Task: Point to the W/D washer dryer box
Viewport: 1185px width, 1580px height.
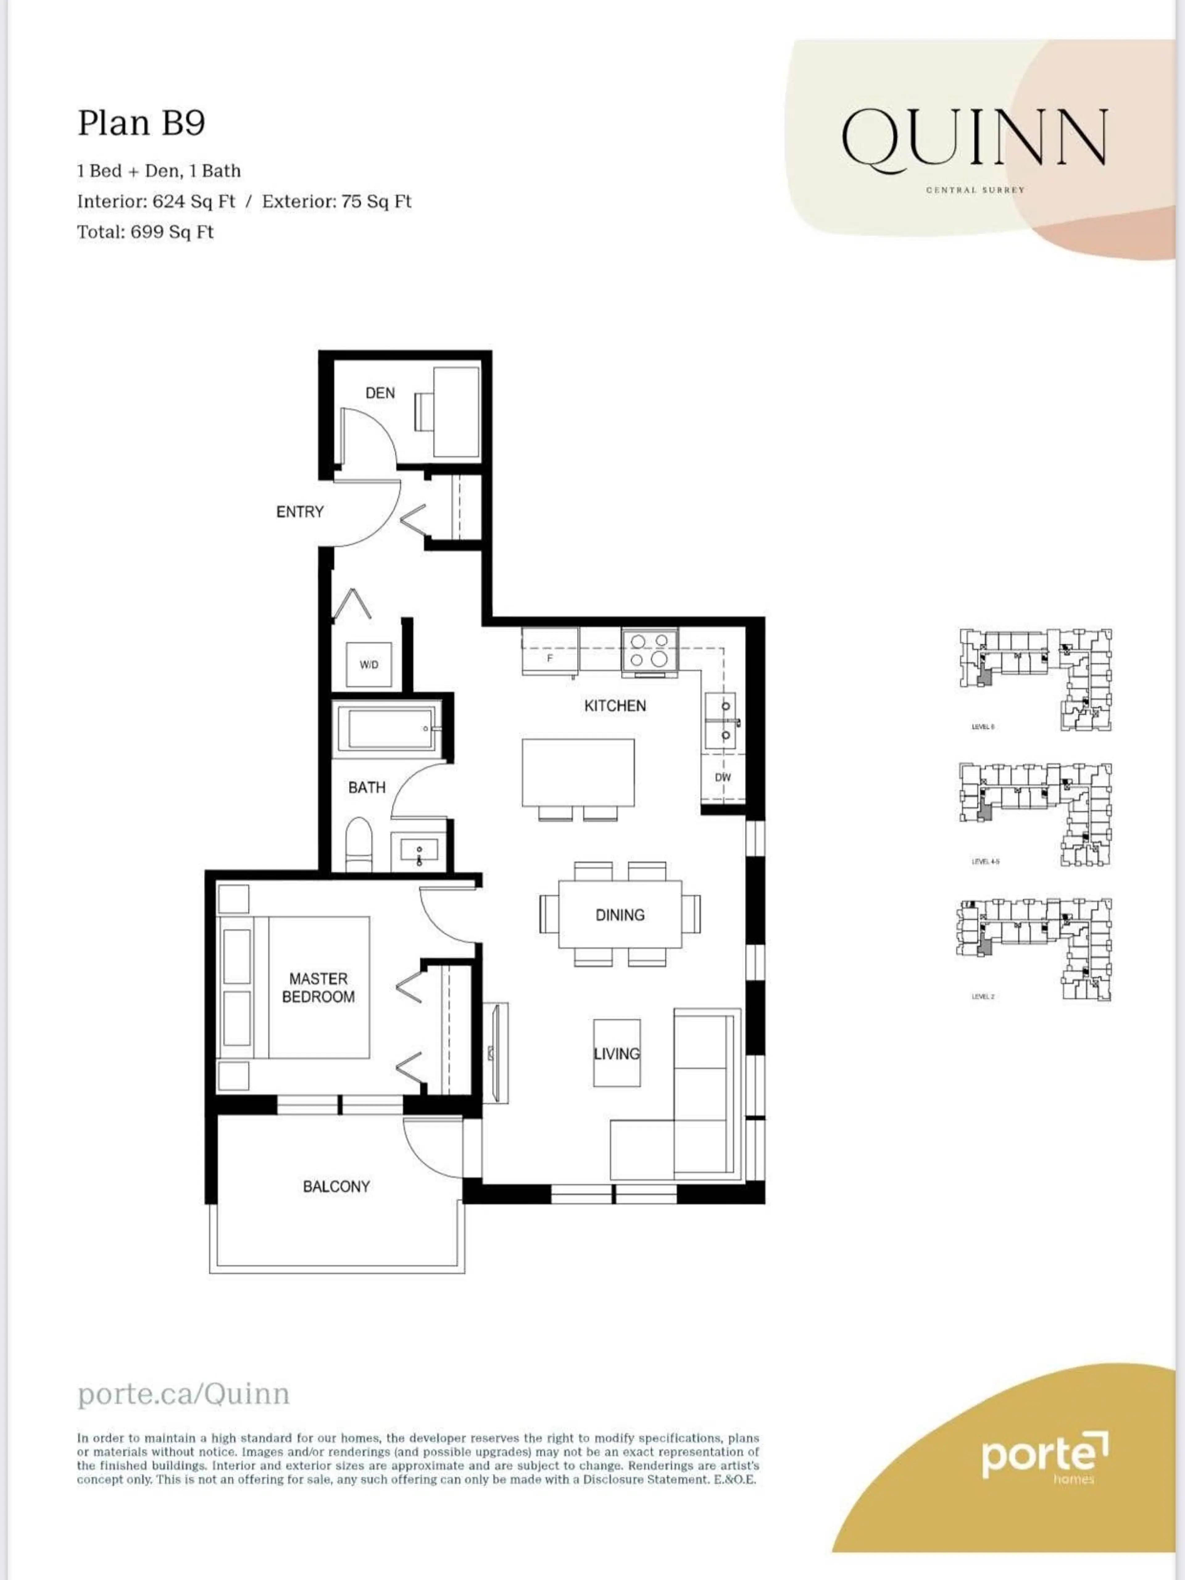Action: [x=368, y=664]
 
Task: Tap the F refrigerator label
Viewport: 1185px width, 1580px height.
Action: [x=549, y=658]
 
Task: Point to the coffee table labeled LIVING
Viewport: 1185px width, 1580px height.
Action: [x=617, y=1054]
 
